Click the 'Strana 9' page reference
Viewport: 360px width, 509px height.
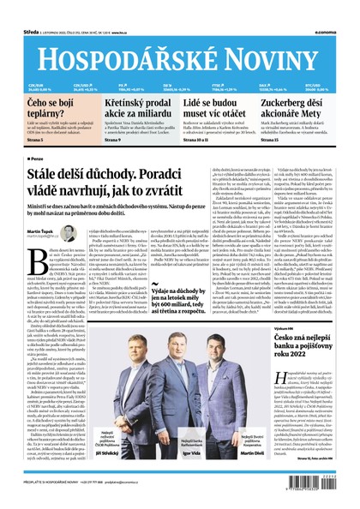pyautogui.click(x=117, y=139)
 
